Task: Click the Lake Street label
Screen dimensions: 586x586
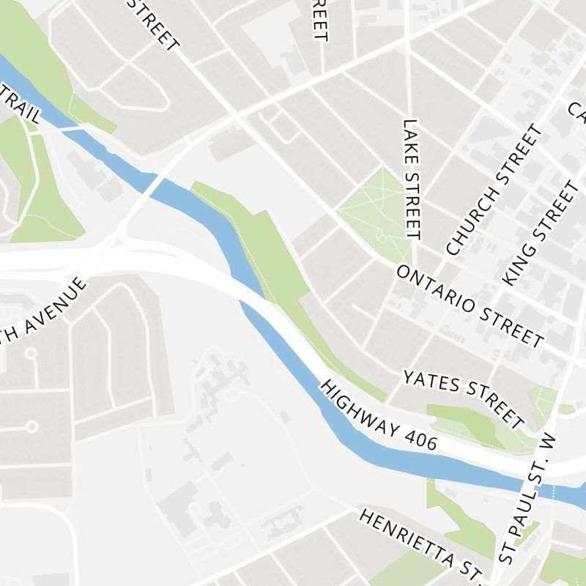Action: [x=412, y=180]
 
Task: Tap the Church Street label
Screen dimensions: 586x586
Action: [x=496, y=190]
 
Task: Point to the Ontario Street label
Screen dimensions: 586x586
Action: [x=470, y=305]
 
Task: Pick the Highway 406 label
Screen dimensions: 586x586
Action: [x=379, y=415]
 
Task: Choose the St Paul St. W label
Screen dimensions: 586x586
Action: [x=526, y=498]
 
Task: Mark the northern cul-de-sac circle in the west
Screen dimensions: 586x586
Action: [x=31, y=354]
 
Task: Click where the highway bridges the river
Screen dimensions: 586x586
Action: [x=253, y=297]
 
